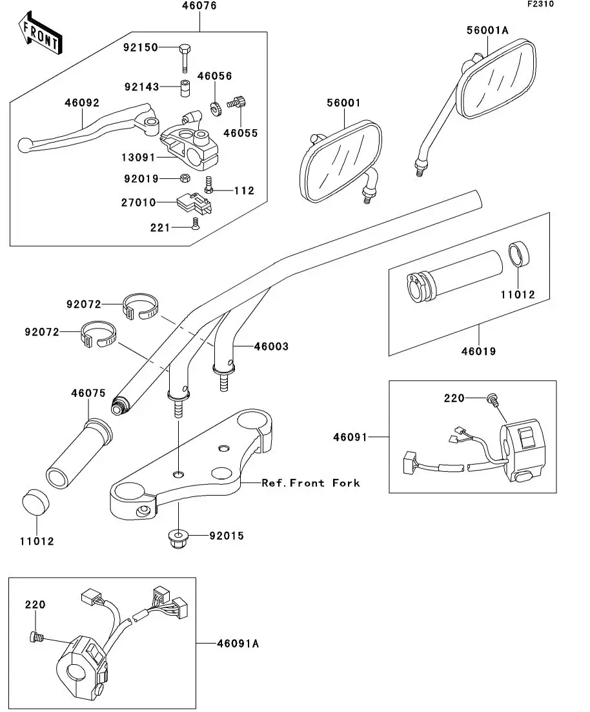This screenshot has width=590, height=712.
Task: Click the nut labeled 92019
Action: [x=183, y=178]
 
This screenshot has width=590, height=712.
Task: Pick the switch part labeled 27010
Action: [x=192, y=203]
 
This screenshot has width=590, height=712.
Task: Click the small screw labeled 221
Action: [x=194, y=224]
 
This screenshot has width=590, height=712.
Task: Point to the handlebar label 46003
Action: [x=271, y=347]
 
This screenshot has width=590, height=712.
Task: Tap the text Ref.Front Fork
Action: [x=310, y=483]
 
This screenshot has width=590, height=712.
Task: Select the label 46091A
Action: [x=238, y=644]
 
